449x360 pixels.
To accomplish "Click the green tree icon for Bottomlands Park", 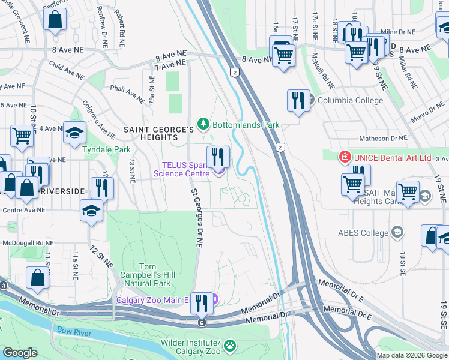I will coord(204,124).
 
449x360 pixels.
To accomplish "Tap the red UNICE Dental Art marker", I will coord(345,158).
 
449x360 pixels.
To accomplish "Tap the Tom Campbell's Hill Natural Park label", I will coord(157,276).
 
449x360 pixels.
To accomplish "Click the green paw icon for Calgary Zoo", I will coord(230,345).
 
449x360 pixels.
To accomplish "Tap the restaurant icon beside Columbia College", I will coord(298,100).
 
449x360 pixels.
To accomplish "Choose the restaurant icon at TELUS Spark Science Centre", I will coord(218,157).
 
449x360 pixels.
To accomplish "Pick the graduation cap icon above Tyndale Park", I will coord(75,133).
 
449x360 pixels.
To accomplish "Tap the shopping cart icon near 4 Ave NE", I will coord(22,136).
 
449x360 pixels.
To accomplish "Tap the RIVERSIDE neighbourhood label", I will coord(62,191).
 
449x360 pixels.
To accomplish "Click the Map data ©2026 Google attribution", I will coord(411,355).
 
